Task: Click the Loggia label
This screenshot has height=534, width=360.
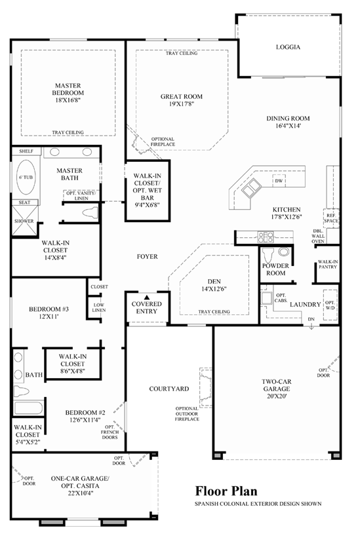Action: (289, 47)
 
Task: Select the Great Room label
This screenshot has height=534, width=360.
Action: (181, 96)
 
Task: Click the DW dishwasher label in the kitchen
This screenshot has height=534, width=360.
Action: (278, 181)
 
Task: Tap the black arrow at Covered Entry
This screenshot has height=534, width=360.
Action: (147, 297)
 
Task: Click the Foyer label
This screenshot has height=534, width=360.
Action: (148, 256)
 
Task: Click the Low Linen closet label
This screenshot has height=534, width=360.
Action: (99, 307)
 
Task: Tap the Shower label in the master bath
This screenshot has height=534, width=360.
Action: (24, 221)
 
